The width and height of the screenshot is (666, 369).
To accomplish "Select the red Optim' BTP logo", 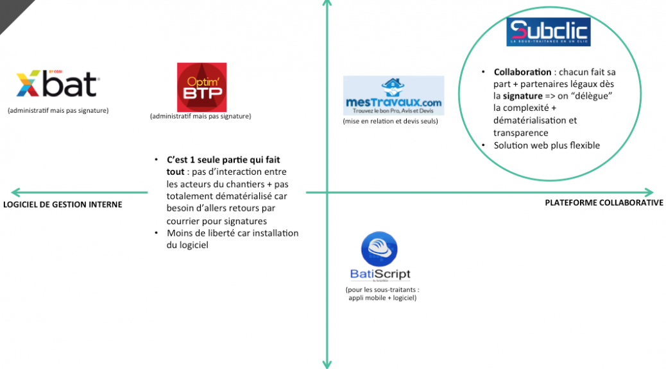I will coord(201,87).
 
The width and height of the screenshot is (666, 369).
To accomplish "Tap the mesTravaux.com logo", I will coord(393,95).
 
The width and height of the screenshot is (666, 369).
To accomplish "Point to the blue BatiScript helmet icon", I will coord(379,250).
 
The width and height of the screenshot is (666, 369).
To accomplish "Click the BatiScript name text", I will coord(380,275).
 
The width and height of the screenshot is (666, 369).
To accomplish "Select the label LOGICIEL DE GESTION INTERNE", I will coord(62,204).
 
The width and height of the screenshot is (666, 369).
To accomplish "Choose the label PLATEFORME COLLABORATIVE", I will coord(604,203).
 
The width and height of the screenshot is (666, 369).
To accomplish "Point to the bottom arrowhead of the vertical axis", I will coord(327,363).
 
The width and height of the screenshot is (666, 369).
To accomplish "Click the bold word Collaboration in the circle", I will coord(522,72).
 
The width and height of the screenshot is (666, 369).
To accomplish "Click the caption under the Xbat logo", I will coord(58,110).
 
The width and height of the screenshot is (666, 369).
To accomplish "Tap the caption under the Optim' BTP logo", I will coord(200,116).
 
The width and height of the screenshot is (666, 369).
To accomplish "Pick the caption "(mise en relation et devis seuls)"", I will coord(390,121).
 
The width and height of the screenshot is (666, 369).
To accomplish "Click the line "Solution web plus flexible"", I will coord(547,145).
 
